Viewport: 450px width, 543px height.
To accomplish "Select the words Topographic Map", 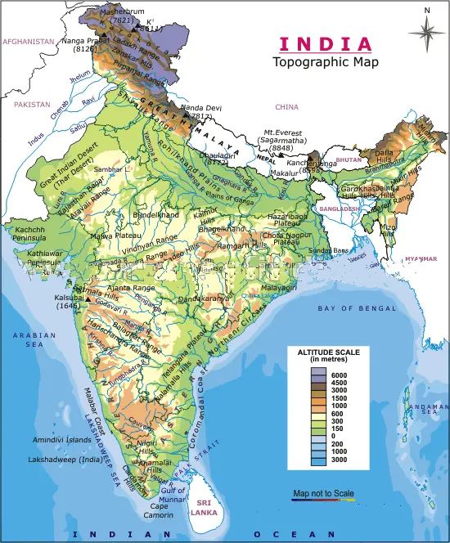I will click(326, 62).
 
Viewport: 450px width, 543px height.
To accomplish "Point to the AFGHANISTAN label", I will click(28, 41).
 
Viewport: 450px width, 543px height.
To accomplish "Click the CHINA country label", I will click(287, 106).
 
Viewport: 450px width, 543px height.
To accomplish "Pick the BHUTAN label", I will click(348, 160).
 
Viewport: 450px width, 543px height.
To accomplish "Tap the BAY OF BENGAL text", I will click(357, 308).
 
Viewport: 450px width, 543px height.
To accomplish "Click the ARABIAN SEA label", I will click(28, 340).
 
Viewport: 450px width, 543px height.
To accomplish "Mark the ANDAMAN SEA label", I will click(432, 411).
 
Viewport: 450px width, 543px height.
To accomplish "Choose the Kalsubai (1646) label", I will click(67, 302).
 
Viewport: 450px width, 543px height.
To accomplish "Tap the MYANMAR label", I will click(420, 258).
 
